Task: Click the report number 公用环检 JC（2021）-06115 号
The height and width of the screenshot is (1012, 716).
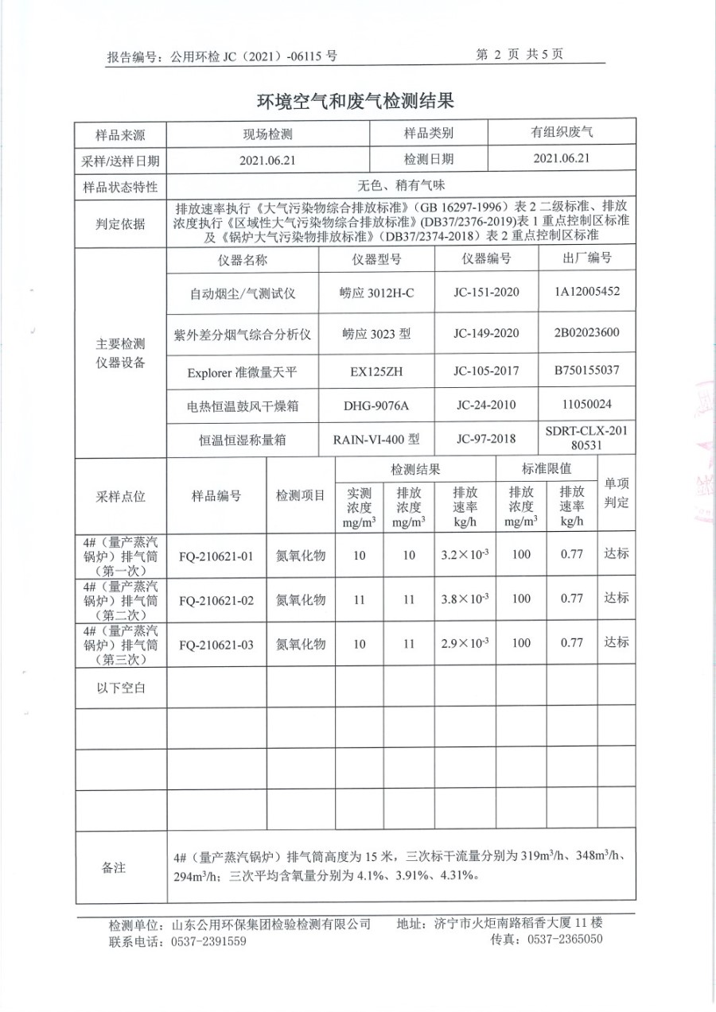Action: tap(254, 56)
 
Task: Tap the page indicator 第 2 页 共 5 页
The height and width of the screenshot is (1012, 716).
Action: tap(519, 55)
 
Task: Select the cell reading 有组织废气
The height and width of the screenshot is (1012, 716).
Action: tap(562, 134)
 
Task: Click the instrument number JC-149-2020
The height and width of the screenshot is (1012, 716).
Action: tap(485, 334)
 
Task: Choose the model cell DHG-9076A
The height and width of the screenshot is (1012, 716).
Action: tap(376, 406)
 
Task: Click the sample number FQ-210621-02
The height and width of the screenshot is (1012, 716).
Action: tap(216, 600)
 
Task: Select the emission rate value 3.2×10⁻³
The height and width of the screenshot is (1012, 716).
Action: tap(465, 556)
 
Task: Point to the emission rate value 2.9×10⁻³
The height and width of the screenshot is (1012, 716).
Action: tap(465, 643)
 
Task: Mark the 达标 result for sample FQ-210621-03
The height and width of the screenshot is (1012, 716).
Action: tap(616, 642)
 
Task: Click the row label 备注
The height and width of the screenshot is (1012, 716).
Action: tap(114, 868)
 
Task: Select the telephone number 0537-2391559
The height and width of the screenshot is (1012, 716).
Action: tap(208, 941)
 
